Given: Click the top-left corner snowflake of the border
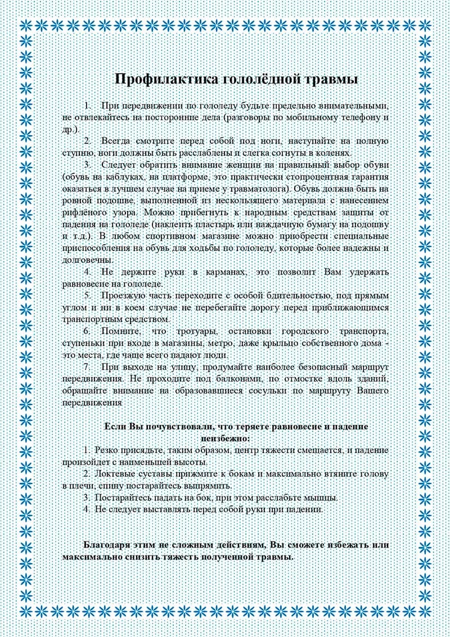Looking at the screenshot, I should (25, 25).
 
